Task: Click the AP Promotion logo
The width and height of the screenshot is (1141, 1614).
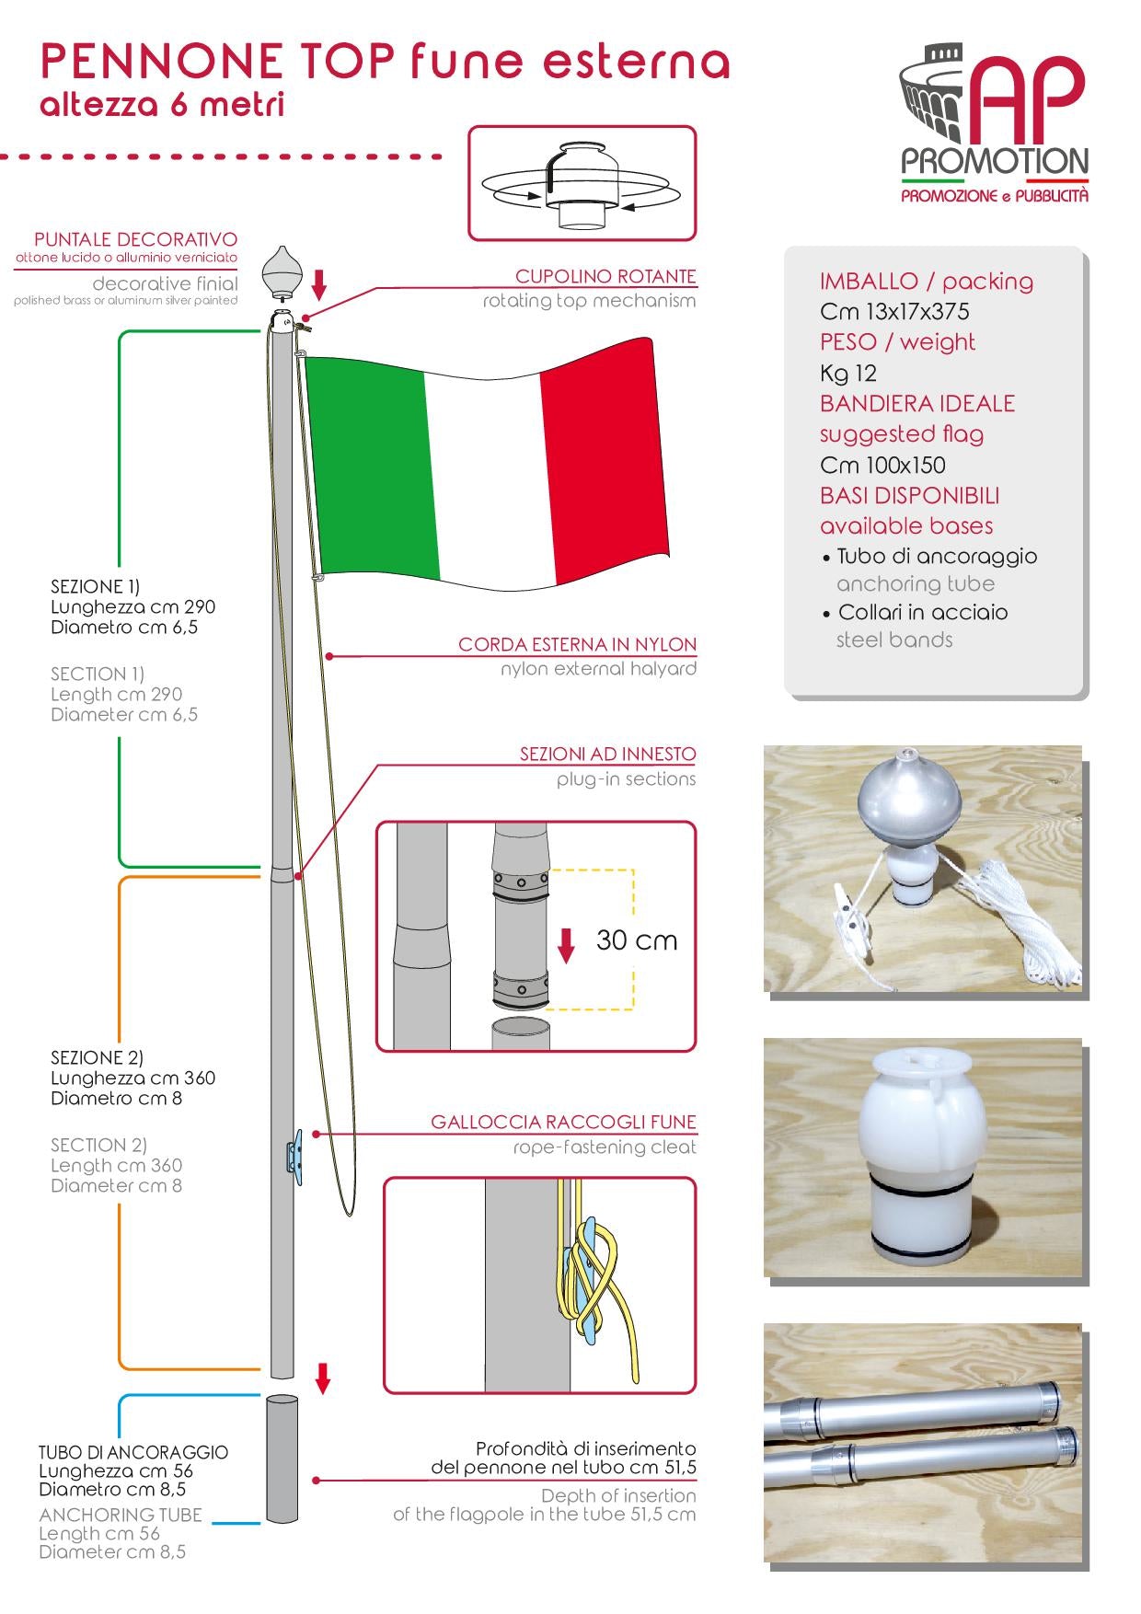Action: coord(994,128)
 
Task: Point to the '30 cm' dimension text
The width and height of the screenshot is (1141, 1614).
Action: coord(637,940)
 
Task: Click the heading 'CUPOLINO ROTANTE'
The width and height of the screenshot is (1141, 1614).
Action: coord(605,276)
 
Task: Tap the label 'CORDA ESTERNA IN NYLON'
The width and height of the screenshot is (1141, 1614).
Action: coord(577,644)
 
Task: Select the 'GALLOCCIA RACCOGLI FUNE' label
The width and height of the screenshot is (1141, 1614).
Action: coord(563,1122)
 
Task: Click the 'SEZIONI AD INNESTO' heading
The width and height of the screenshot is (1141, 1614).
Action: coord(607,754)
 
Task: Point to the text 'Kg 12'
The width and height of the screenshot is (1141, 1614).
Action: coord(847,373)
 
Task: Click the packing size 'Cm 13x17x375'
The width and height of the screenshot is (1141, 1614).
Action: coord(894,311)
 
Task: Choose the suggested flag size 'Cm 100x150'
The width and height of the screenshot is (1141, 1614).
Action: coord(882,465)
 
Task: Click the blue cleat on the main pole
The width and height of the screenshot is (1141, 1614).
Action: coord(294,1154)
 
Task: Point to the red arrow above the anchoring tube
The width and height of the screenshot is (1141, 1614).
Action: coord(322,1378)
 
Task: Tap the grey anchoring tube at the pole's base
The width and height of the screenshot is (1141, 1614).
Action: coord(282,1458)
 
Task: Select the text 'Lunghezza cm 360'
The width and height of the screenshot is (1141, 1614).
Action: coord(133,1078)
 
